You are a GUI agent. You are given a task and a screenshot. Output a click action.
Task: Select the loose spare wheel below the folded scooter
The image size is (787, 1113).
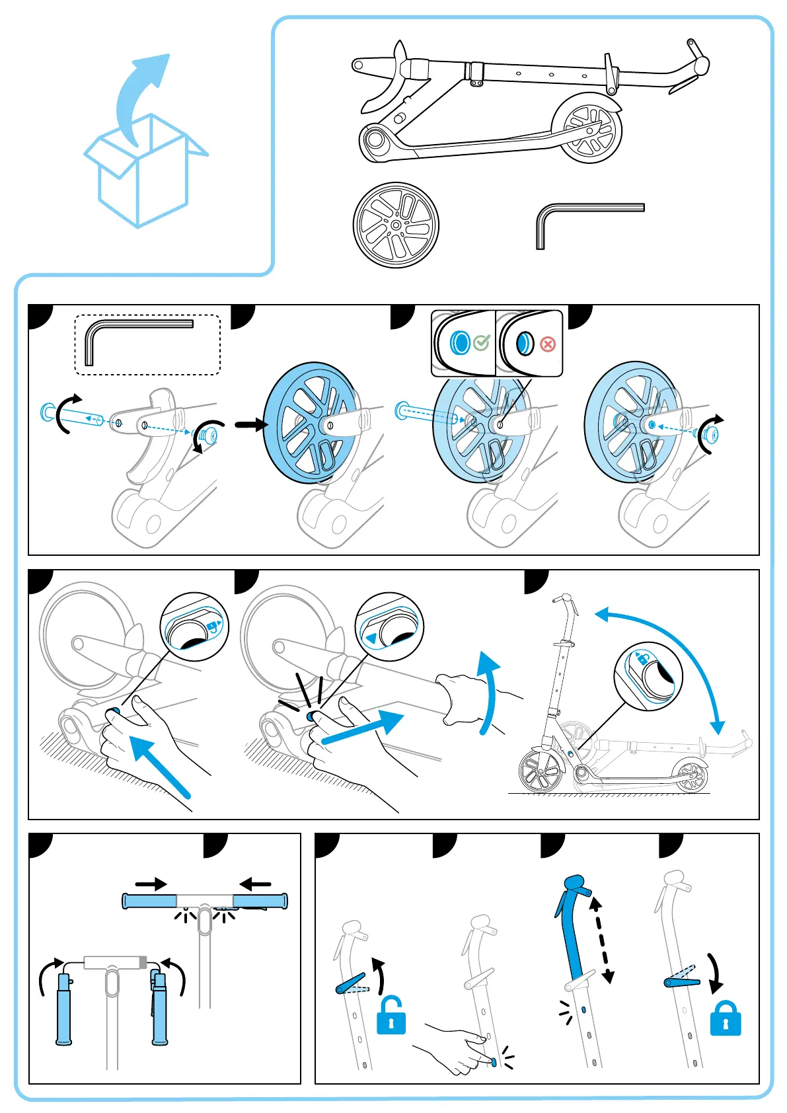[396, 225]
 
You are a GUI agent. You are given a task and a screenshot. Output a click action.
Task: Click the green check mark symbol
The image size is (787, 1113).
[482, 342]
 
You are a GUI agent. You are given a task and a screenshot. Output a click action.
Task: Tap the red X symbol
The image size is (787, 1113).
[548, 344]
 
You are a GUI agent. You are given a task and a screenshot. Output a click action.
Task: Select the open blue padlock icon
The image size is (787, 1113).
[391, 1016]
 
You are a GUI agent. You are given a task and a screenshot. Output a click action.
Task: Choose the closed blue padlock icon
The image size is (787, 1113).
[725, 1019]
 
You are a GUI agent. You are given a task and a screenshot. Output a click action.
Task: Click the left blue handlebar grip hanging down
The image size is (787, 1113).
[63, 1008]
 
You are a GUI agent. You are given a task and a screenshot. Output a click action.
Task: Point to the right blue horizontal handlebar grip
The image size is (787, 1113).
[260, 901]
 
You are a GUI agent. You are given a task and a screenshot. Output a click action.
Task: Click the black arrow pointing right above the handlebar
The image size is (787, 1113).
[151, 884]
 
